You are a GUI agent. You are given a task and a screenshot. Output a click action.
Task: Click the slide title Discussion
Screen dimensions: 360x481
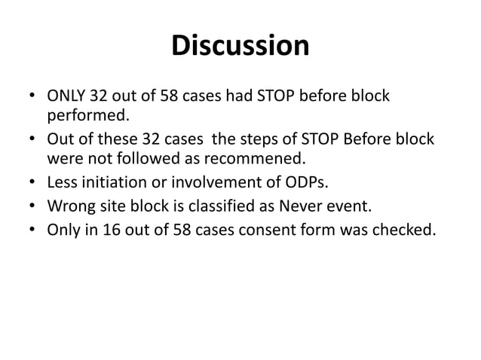point(240,46)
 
